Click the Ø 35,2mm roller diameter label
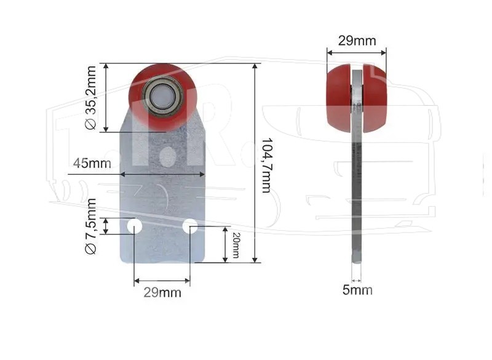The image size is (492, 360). pos(90,98)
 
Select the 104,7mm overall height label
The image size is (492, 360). pos(267,165)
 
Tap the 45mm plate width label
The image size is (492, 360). pos(92,163)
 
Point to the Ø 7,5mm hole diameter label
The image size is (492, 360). pos(90,226)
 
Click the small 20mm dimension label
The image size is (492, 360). pos(236,245)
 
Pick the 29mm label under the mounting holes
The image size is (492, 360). pos(162,292)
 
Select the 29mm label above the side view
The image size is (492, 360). pos(357,41)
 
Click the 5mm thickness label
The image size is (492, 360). pos(357,290)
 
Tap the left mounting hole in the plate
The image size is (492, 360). pos(135,226)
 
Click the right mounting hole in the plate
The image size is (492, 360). pos(190,226)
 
